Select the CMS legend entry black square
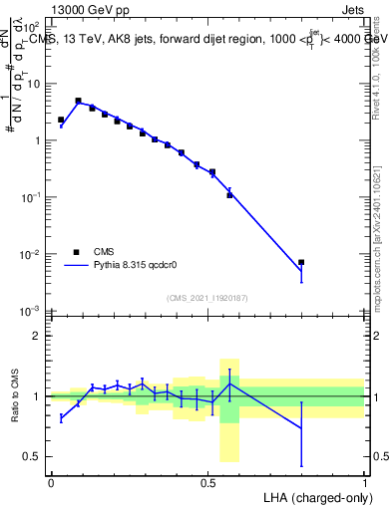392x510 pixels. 76,252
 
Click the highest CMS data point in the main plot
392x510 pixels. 78,101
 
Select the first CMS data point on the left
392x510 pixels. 61,120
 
